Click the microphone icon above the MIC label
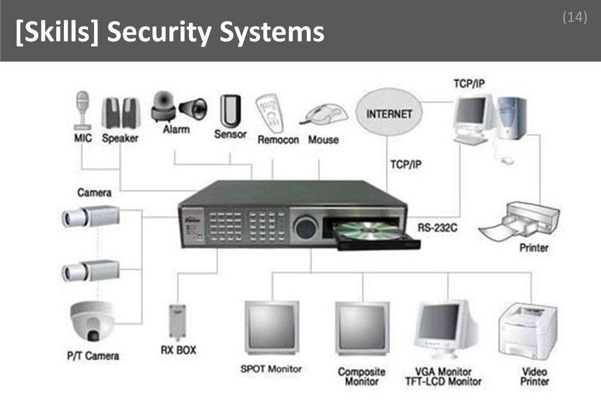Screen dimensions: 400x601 (x=82, y=109)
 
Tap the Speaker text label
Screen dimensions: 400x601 (x=120, y=138)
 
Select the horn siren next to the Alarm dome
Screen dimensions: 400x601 (x=194, y=109)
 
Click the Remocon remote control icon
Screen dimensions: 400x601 (x=269, y=113)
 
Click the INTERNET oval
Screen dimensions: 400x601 (x=389, y=113)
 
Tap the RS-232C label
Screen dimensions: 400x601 (x=438, y=227)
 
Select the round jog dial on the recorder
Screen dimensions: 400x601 (x=306, y=227)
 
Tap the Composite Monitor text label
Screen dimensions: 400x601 (x=362, y=377)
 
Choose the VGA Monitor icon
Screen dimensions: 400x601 (x=444, y=327)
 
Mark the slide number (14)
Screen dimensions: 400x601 (x=575, y=18)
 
